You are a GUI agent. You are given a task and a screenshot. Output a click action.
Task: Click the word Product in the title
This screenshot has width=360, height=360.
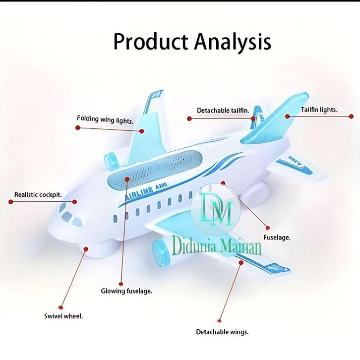150,42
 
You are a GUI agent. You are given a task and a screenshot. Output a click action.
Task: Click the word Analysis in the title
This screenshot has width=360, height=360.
233,43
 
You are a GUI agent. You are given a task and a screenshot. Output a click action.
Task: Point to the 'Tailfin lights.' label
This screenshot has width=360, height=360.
319,110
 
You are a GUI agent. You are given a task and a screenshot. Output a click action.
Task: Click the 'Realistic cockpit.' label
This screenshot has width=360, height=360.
38,195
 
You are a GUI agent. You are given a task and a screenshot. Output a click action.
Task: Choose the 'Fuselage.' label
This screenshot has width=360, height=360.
277,238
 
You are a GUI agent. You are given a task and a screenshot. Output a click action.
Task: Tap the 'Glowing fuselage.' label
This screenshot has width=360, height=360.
126,291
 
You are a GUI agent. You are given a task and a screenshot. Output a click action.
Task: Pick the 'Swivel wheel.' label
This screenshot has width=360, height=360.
63,316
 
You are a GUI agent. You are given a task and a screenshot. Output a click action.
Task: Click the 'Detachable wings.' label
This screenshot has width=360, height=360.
222,332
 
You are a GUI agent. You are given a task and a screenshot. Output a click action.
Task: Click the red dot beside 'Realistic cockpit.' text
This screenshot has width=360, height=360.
10,201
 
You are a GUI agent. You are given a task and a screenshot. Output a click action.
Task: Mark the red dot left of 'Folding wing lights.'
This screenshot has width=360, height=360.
77,127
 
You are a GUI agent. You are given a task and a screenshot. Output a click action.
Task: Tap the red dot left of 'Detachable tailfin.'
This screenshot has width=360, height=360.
189,118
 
